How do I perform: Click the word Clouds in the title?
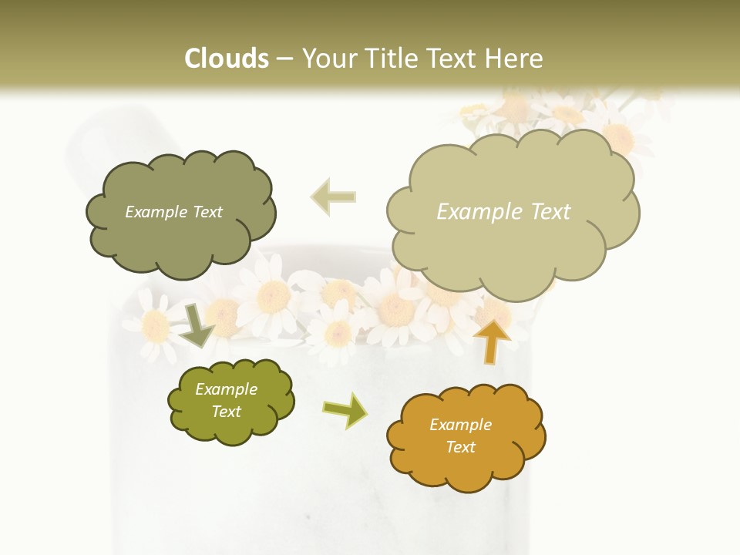[x=227, y=59]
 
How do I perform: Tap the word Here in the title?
[x=516, y=59]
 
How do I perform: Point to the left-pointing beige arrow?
[x=333, y=197]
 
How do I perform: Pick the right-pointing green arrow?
[x=345, y=410]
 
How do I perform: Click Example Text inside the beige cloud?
[x=503, y=212]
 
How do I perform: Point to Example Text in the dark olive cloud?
[x=173, y=212]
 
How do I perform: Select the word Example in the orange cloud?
[x=460, y=425]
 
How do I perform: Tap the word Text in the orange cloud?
[x=460, y=447]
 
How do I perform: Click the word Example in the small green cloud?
[x=226, y=389]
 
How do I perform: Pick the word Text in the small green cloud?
[x=226, y=412]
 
